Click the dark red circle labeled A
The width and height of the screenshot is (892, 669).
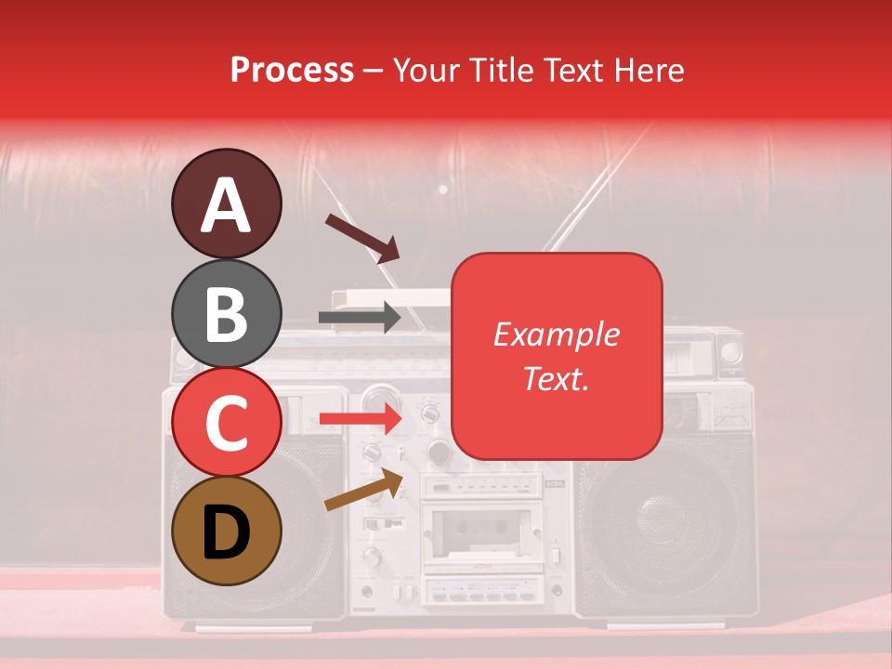[x=226, y=204]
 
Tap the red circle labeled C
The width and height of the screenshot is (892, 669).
[x=226, y=422]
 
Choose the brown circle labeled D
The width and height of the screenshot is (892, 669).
[x=226, y=531]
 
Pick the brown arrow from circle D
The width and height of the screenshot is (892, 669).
[x=363, y=490]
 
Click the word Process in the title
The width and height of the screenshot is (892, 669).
[x=292, y=70]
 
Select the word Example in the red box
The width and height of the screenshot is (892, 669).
[x=556, y=334]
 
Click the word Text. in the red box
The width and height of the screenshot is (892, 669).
[x=556, y=379]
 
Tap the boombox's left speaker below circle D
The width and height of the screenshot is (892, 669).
[x=279, y=576]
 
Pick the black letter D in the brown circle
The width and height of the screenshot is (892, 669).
[x=226, y=531]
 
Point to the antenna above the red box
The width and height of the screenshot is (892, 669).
[x=595, y=186]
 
